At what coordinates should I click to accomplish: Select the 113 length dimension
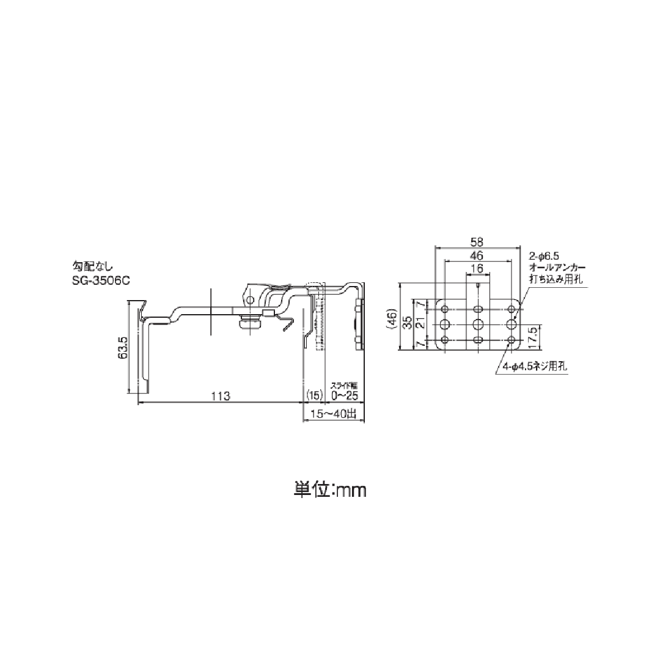[x=221, y=397]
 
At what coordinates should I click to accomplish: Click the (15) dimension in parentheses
[x=313, y=396]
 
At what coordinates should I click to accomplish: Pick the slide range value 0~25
[x=344, y=396]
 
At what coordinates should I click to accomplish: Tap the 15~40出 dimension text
[x=334, y=414]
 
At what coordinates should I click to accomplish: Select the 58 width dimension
[x=478, y=241]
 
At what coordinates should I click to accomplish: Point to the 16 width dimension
[x=478, y=269]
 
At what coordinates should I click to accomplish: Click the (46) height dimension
[x=391, y=318]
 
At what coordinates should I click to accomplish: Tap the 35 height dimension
[x=406, y=322]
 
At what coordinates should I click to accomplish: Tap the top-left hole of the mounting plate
[x=444, y=307]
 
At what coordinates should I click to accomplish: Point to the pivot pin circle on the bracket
[x=249, y=299]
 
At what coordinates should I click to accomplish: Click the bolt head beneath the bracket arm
[x=246, y=322]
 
